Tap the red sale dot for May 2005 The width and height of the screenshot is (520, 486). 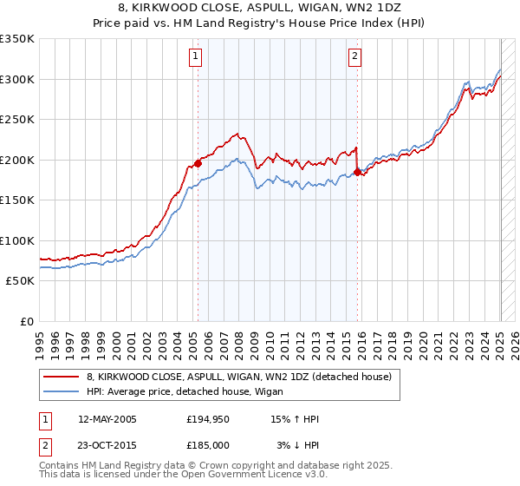pyautogui.click(x=198, y=162)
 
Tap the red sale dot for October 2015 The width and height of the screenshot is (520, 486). pyautogui.click(x=357, y=172)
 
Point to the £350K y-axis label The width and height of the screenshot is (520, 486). pyautogui.click(x=17, y=39)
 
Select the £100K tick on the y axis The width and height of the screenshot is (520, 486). pyautogui.click(x=17, y=240)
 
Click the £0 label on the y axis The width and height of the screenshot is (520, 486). pyautogui.click(x=28, y=321)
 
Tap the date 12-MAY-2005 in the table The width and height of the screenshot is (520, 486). pyautogui.click(x=107, y=419)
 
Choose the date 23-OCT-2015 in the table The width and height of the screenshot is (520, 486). pyautogui.click(x=107, y=445)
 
